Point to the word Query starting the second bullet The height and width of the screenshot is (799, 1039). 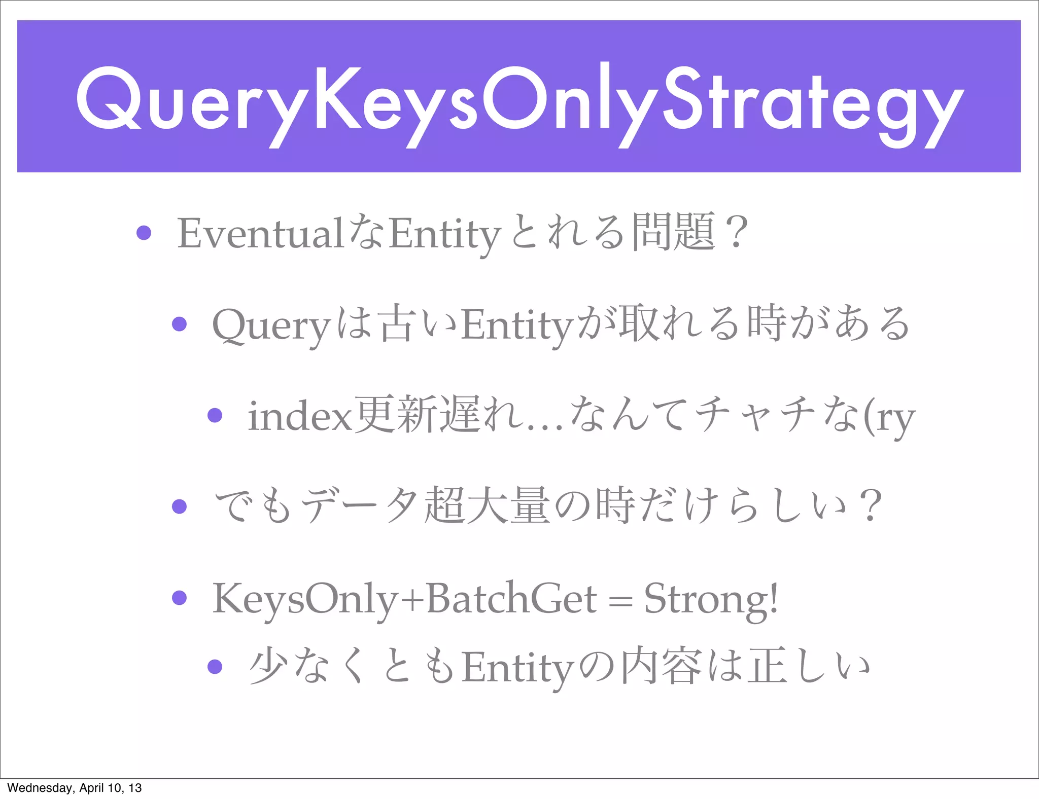tap(271, 325)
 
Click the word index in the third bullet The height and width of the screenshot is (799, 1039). tap(299, 416)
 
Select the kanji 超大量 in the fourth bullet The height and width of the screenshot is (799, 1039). tap(487, 505)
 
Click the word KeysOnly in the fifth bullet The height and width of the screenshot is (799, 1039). tap(304, 598)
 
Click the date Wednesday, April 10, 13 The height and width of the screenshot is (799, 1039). tap(74, 788)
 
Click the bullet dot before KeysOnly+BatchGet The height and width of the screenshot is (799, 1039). tap(179, 597)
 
